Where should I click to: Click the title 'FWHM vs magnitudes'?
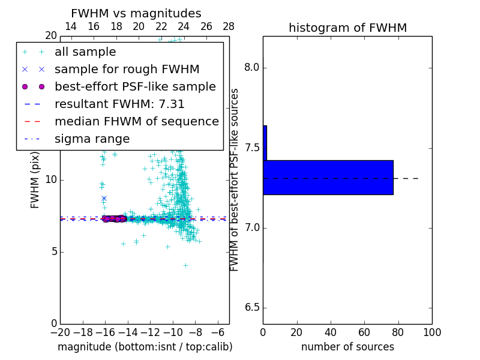[136, 13]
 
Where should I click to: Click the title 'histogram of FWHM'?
[347, 28]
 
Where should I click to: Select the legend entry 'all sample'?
[85, 52]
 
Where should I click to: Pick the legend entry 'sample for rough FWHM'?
[127, 69]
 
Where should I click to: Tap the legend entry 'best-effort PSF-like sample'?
[135, 86]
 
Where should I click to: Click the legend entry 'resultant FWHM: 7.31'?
[119, 104]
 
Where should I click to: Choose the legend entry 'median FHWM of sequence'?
[136, 121]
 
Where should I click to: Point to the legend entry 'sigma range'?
[92, 139]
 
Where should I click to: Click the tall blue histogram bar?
[328, 178]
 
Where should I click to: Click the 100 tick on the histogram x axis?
[432, 332]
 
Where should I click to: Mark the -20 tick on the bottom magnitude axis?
[60, 332]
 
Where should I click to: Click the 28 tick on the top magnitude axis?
[229, 26]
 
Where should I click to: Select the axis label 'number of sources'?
[347, 347]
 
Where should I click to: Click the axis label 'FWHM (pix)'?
[35, 181]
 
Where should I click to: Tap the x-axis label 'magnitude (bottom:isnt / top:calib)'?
[145, 347]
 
